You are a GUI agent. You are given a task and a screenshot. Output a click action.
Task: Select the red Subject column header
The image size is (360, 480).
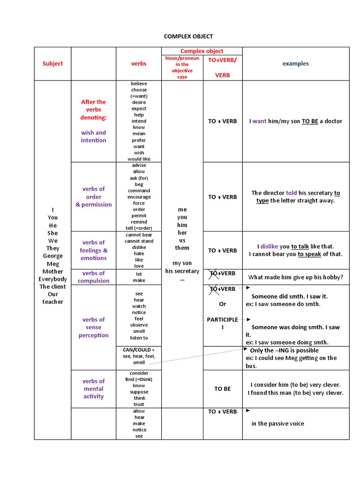coord(52,64)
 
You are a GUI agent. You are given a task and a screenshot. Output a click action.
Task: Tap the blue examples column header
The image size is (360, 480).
coord(295,64)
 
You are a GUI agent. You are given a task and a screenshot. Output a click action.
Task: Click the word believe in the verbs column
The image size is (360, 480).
coord(139,83)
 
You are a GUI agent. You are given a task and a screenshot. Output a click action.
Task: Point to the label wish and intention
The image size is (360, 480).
coord(93,136)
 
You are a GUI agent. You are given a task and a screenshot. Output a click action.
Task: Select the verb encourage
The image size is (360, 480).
coord(139,197)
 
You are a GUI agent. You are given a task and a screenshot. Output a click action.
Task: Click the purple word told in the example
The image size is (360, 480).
coord(291,193)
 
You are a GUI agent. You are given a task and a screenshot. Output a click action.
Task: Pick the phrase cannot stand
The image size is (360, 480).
coord(139,241)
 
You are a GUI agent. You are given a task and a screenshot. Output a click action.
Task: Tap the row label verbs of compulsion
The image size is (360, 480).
coord(93,277)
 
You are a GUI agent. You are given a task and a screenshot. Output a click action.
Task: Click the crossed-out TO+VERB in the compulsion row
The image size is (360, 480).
coord(222,273)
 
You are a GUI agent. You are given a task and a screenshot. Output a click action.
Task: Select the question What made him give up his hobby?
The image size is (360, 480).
coord(295,277)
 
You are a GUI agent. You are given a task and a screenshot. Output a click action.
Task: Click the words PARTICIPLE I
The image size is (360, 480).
coord(222,323)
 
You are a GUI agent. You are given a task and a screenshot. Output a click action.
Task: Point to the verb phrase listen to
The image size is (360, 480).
coord(139,337)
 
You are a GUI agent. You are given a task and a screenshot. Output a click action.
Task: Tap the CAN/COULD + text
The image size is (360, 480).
coord(139,350)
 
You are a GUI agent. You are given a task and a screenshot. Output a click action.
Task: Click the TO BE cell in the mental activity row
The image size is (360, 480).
coord(222,389)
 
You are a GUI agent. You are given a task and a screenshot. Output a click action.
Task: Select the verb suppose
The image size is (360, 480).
coord(139,392)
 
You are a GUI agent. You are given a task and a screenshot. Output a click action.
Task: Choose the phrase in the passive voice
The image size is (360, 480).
coord(277,424)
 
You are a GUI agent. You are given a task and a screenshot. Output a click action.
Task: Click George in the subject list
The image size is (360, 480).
coord(52,256)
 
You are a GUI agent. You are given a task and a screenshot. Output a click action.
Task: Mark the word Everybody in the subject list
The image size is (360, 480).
coord(52,279)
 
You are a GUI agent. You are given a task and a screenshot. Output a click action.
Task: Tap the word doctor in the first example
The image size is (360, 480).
coord(334,121)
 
